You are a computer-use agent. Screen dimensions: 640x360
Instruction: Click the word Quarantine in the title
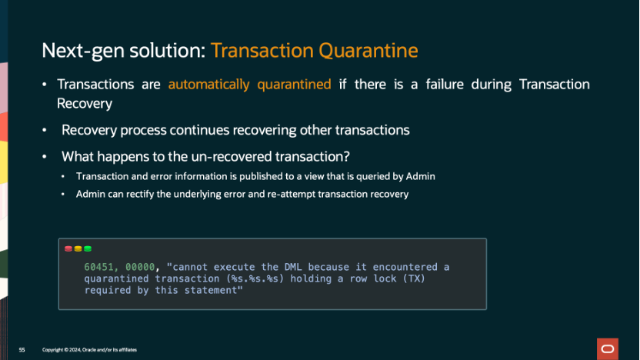click(x=368, y=51)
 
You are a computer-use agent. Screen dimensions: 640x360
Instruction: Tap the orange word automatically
click(x=208, y=85)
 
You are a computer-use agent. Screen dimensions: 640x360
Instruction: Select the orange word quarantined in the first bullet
click(x=294, y=85)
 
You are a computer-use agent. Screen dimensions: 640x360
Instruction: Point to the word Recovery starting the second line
click(x=85, y=104)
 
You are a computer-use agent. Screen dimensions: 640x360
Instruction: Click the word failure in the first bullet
click(x=445, y=84)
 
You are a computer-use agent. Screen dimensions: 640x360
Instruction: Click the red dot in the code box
click(x=68, y=248)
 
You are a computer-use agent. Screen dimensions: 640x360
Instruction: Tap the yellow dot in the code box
click(x=78, y=248)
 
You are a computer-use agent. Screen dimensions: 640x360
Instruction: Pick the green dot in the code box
click(x=88, y=248)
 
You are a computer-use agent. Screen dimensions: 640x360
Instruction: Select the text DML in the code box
click(x=293, y=267)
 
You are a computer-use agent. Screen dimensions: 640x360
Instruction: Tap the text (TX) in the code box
click(x=415, y=278)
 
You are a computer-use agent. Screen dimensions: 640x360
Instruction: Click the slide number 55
click(x=22, y=350)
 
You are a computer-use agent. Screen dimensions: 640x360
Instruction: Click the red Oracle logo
click(x=608, y=348)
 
